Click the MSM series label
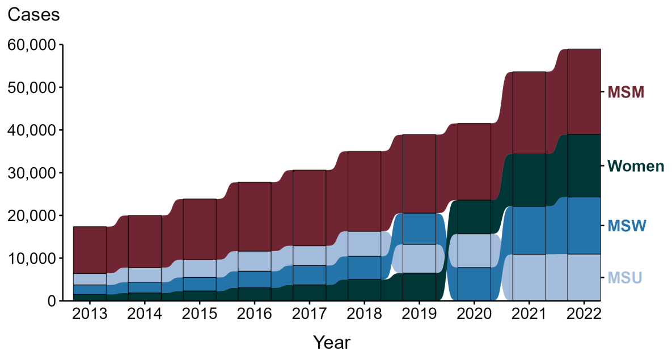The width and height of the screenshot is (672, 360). (625, 92)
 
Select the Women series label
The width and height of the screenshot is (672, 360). (635, 166)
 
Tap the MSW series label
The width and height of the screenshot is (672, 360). (627, 226)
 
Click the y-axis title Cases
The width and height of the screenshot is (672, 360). (33, 15)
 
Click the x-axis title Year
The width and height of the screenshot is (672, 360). (332, 342)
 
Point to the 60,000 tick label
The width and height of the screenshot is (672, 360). (32, 45)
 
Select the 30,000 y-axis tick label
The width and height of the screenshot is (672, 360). (32, 173)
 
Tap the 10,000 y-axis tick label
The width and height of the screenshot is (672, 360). (32, 259)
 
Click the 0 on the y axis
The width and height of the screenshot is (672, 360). (50, 301)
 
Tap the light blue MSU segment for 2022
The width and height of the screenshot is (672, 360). (584, 277)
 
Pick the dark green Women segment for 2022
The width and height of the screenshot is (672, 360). (584, 166)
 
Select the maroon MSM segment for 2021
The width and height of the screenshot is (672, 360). (529, 113)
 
